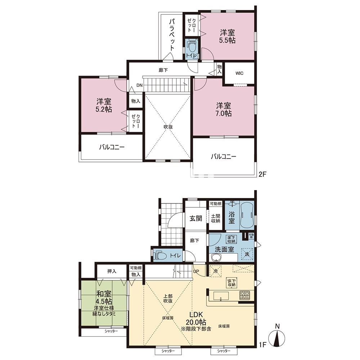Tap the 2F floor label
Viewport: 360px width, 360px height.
click(x=262, y=174)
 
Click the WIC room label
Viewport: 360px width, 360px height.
click(x=239, y=73)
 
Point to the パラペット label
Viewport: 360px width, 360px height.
click(x=172, y=35)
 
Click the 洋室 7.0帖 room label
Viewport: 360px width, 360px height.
click(x=224, y=109)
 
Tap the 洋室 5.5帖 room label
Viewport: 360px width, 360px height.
click(x=227, y=36)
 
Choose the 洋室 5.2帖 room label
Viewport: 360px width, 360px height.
click(x=104, y=105)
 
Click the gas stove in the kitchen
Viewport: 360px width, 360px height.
click(x=244, y=296)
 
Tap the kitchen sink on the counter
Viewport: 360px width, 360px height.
click(x=221, y=296)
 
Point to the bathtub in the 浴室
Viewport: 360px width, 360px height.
click(x=247, y=216)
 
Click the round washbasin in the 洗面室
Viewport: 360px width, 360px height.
click(x=216, y=258)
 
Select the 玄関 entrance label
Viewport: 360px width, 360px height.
click(x=195, y=219)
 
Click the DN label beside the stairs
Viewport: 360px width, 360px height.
click(x=139, y=85)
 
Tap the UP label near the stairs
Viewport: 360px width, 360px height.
click(x=196, y=271)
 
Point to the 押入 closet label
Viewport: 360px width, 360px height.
click(x=112, y=271)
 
